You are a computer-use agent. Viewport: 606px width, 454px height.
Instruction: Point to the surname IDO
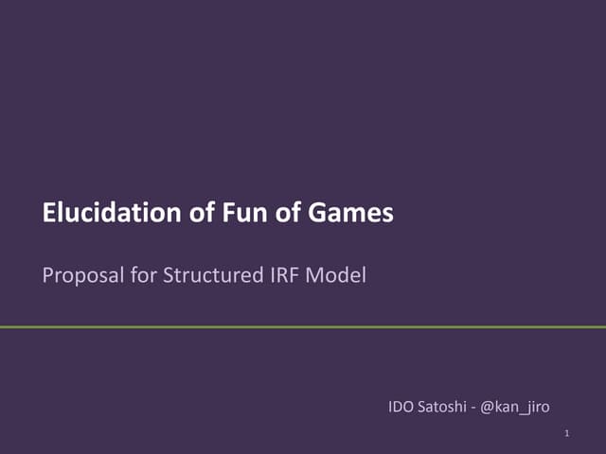[x=401, y=407]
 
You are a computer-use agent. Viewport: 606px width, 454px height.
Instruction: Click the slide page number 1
[x=565, y=434]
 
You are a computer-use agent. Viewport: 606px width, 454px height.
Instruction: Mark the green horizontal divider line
[x=303, y=327]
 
